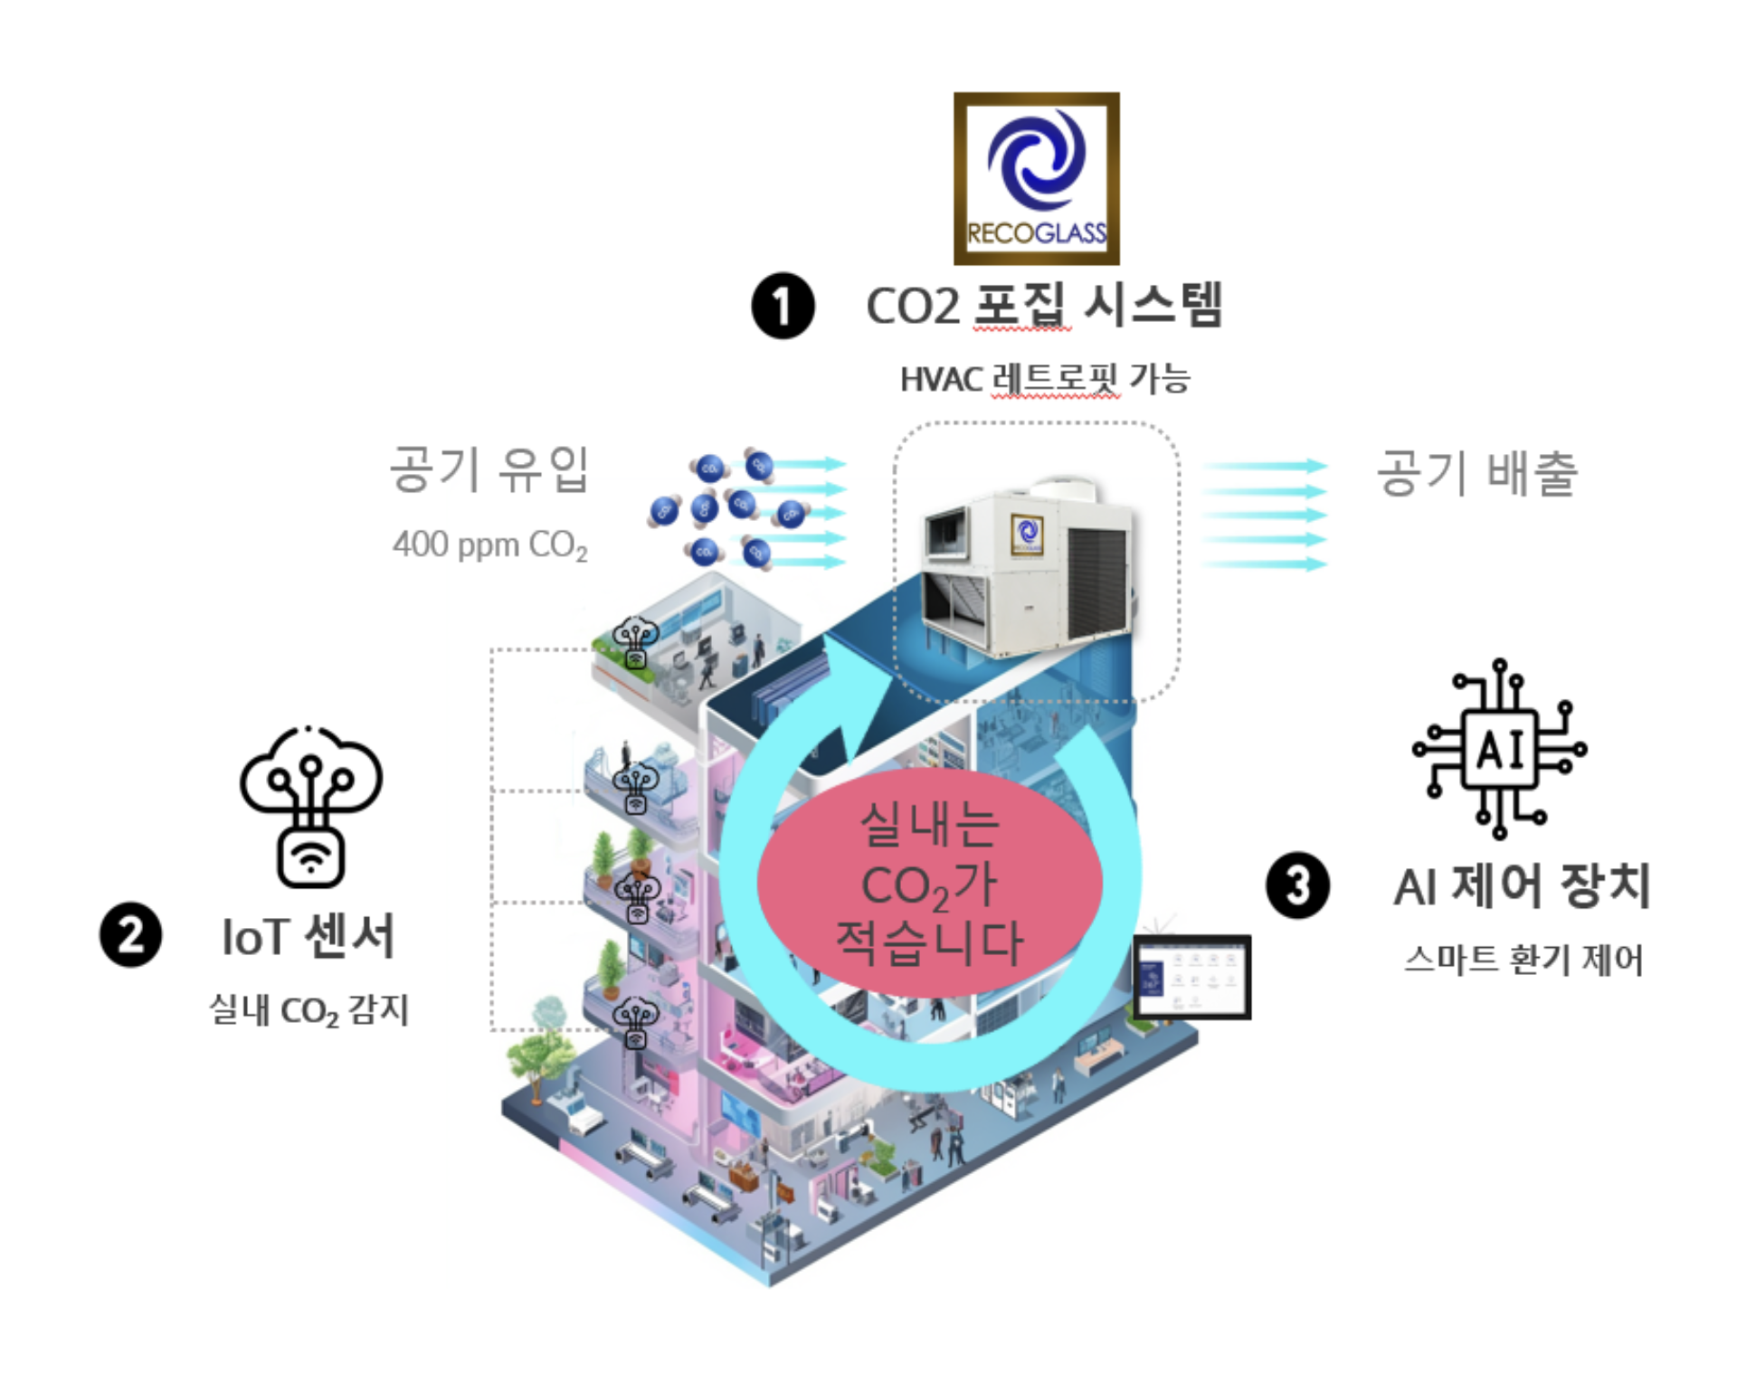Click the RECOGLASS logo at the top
(1036, 178)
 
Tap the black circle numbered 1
(783, 306)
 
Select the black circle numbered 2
(130, 934)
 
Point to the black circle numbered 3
(1297, 885)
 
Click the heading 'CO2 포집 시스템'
(1044, 306)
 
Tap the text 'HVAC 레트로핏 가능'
(1044, 379)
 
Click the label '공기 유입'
(489, 469)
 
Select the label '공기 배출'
(1476, 473)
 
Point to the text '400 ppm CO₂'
(489, 545)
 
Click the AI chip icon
(1499, 749)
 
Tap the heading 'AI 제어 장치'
(1522, 886)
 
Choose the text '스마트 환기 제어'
(1523, 960)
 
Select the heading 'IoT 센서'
(308, 936)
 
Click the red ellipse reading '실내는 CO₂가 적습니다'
(929, 882)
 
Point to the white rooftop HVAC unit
(1027, 570)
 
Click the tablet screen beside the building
(1191, 977)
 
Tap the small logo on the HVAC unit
(1027, 533)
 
